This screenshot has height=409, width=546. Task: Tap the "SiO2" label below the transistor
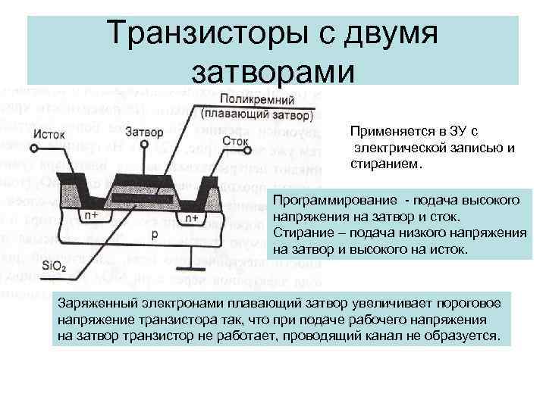tap(55, 265)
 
